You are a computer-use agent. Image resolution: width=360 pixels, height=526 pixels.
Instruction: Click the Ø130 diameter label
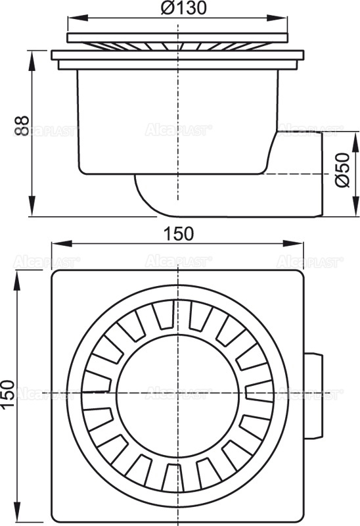177,9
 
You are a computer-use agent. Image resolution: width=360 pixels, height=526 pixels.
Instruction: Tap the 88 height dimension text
21,125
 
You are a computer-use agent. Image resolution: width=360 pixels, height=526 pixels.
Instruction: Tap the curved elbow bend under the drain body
148,197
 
